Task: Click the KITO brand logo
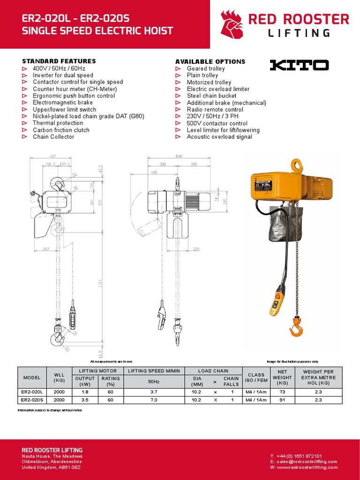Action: point(299,65)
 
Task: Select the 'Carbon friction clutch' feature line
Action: point(61,130)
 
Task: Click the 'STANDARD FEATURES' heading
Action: point(59,61)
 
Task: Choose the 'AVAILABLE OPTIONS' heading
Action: point(210,61)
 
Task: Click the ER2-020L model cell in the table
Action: point(32,391)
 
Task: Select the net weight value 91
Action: point(282,400)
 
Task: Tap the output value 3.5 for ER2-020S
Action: point(85,400)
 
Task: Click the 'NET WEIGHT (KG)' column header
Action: point(282,377)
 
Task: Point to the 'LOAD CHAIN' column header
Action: point(213,371)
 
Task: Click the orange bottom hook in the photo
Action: point(296,328)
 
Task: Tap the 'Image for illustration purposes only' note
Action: point(292,361)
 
